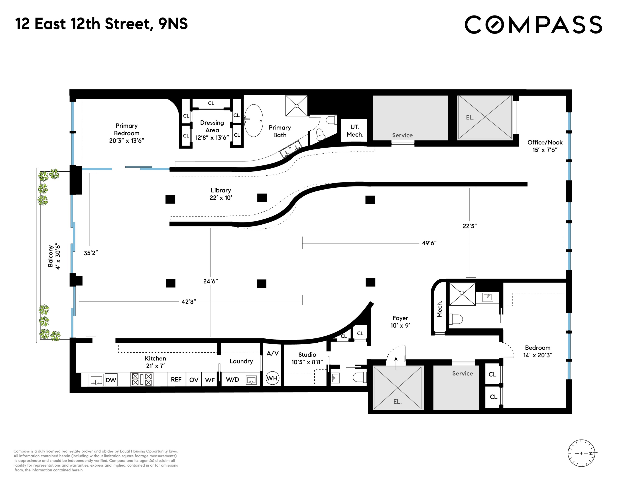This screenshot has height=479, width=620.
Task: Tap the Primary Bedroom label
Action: click(x=127, y=133)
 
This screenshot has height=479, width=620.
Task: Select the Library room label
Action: click(x=221, y=194)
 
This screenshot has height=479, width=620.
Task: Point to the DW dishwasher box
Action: click(x=111, y=380)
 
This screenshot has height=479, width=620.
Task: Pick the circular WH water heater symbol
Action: click(x=272, y=378)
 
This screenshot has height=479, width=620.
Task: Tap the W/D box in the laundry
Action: click(x=232, y=379)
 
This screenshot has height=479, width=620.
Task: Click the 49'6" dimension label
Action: click(x=429, y=243)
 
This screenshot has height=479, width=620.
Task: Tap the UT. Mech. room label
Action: click(x=355, y=131)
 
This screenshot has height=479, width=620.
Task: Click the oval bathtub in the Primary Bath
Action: click(x=254, y=121)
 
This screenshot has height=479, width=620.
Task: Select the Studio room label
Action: click(x=307, y=358)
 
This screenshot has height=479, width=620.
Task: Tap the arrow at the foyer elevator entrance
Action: click(x=396, y=363)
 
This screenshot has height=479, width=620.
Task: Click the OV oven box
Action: click(x=194, y=380)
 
